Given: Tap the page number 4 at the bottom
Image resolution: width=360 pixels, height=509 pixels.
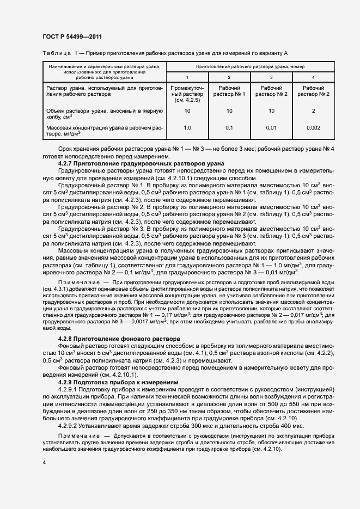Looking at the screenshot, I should click(44, 462).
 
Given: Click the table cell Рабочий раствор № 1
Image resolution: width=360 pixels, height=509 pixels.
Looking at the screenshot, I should click(229, 91).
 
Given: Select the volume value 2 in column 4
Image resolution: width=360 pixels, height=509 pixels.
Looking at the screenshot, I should click(313, 111).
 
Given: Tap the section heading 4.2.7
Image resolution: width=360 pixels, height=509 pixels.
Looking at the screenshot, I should click(68, 163).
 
